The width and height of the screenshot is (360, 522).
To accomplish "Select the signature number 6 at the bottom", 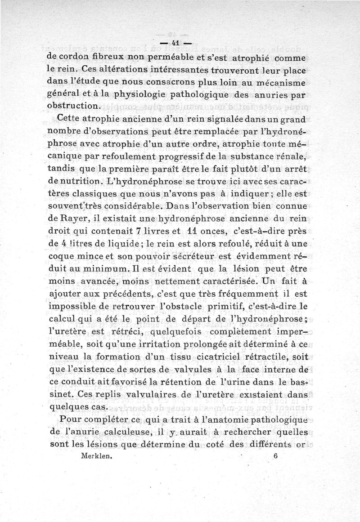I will click(275, 455).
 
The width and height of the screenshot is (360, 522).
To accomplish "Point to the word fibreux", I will click(104, 58).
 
